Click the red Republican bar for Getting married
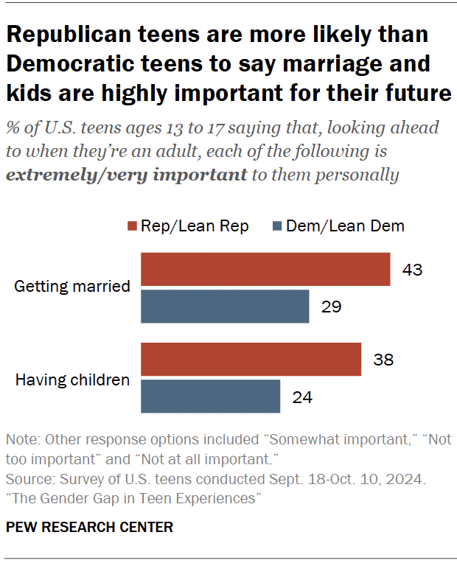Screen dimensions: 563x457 pos(265,269)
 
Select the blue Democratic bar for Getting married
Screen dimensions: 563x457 pos(225,306)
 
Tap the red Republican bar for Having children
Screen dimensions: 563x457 pos(251,360)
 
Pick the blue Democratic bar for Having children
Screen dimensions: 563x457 pos(210,396)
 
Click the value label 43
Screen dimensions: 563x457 pos(412,270)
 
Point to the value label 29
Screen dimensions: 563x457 pos(331,307)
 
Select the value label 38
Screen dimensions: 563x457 pos(383,360)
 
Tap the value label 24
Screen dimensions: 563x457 pos(302,397)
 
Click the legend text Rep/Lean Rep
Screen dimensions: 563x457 pos(196,225)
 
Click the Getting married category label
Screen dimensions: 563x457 pos(72,287)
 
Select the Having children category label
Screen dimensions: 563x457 pos(73,380)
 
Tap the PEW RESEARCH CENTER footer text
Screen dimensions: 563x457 pos(89,527)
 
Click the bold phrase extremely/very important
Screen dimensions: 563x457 pos(126,175)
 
